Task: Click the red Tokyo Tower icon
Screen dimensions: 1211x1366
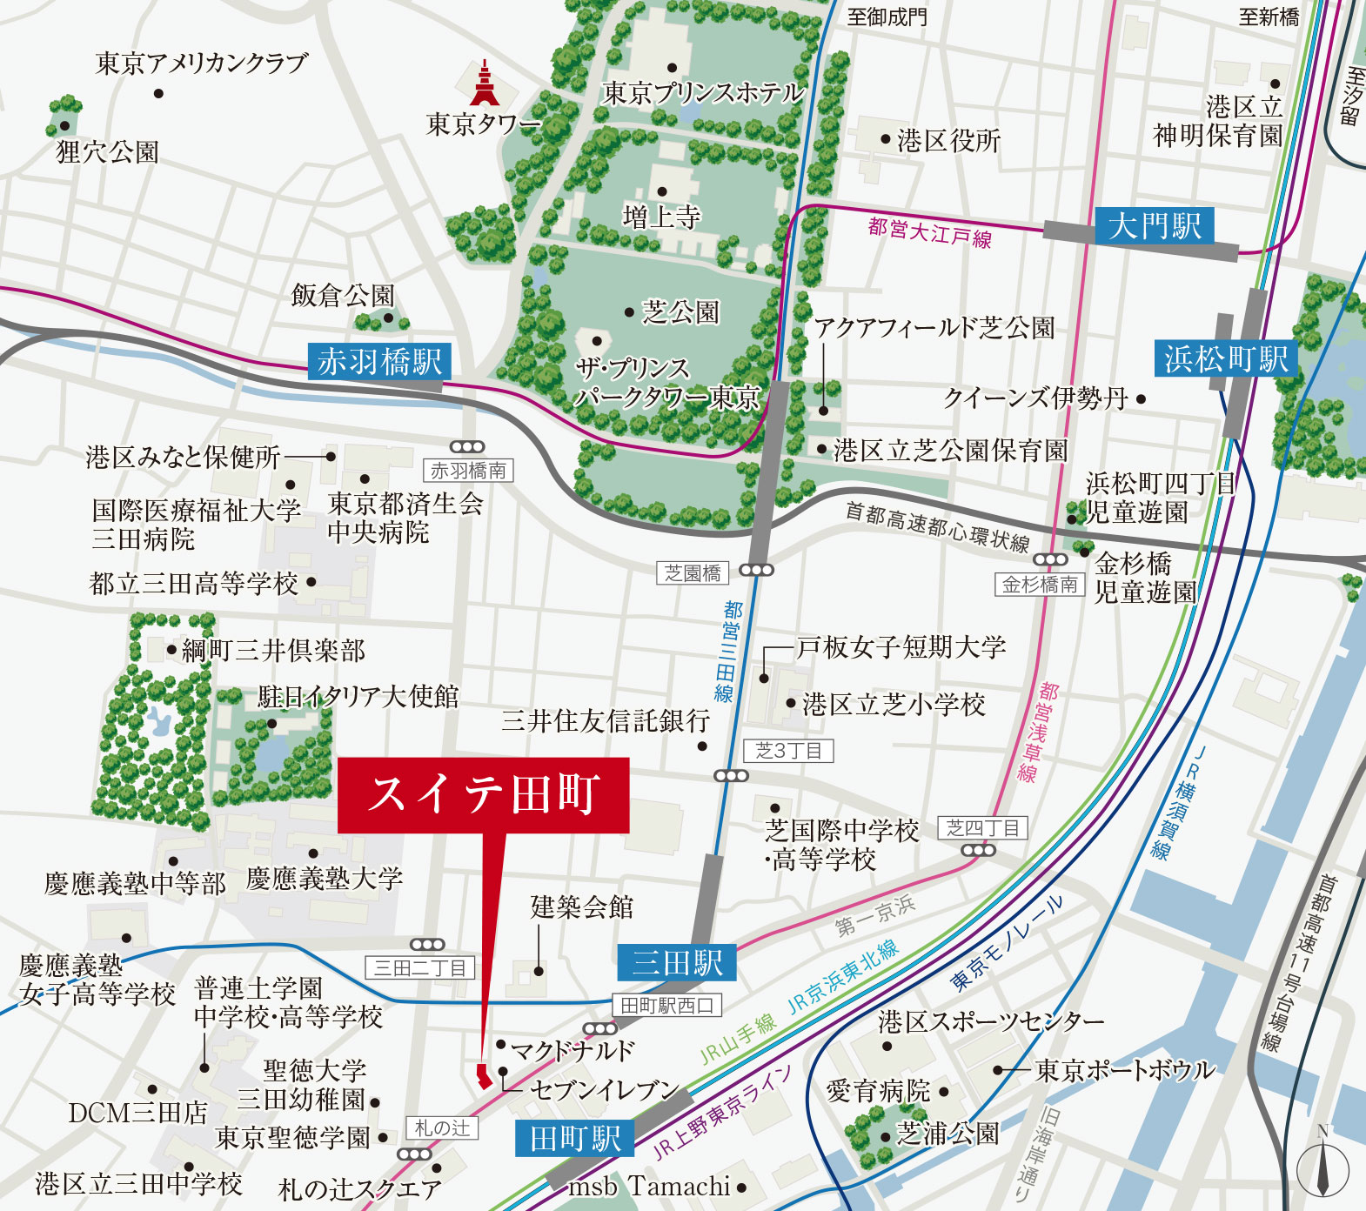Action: [485, 84]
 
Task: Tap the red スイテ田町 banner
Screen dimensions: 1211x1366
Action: [483, 795]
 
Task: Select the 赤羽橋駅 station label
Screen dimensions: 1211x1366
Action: [379, 361]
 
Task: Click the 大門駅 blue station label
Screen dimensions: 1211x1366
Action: [1155, 226]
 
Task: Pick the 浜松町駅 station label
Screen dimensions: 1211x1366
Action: [1226, 358]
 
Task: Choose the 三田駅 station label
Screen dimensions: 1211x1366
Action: [677, 962]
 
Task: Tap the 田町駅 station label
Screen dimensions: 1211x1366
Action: [575, 1138]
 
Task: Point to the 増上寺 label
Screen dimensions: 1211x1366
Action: [661, 216]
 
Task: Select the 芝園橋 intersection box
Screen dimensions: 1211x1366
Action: [693, 572]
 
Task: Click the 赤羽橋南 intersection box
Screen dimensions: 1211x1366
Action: [468, 471]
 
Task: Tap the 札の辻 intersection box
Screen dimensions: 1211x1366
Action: [442, 1128]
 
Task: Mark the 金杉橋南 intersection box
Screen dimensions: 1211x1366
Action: [1040, 585]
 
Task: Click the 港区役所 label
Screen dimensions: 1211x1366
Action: [948, 140]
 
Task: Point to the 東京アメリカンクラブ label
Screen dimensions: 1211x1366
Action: [201, 64]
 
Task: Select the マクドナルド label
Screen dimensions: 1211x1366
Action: [573, 1050]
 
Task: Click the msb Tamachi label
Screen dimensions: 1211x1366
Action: [649, 1187]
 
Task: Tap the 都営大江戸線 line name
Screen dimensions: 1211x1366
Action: [929, 232]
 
